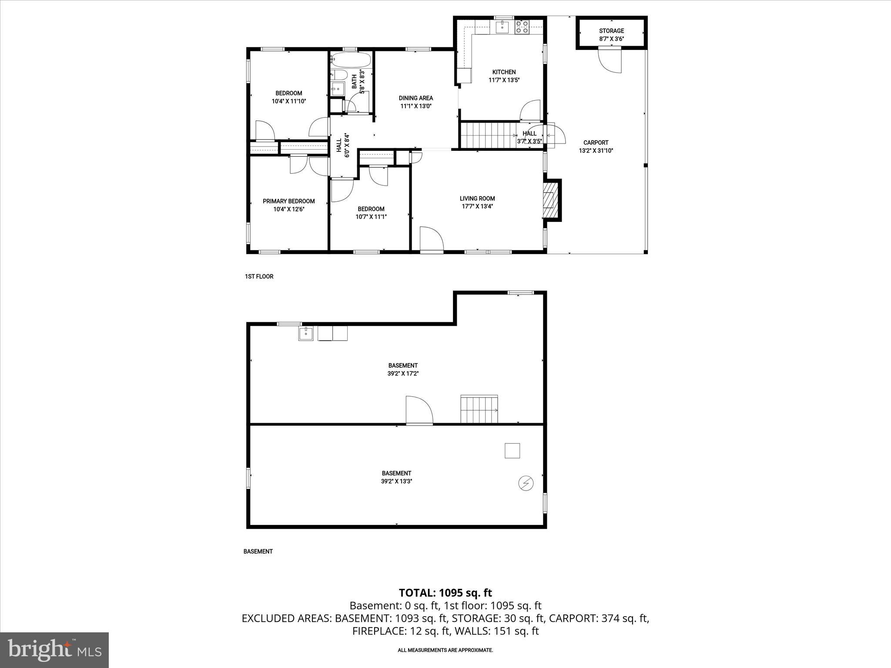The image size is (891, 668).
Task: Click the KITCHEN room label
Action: [504, 72]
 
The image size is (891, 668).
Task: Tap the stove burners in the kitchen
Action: [522, 27]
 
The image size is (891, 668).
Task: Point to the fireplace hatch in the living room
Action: [550, 200]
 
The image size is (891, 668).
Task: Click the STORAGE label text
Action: [611, 31]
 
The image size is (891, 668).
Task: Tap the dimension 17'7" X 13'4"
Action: [477, 207]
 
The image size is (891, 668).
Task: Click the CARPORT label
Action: [596, 143]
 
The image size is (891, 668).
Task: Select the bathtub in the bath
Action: [350, 60]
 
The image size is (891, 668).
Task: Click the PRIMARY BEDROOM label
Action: [288, 201]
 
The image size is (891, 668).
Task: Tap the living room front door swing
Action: [431, 239]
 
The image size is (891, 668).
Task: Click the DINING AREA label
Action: [415, 98]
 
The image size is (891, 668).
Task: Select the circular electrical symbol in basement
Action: [526, 483]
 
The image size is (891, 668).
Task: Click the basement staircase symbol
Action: [479, 409]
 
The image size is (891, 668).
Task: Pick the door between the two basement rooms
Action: [419, 410]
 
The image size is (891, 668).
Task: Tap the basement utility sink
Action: [306, 334]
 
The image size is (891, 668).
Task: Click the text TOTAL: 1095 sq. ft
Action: [445, 593]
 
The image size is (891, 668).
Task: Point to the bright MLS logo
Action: [54, 650]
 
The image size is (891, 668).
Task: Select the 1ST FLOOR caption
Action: [259, 277]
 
